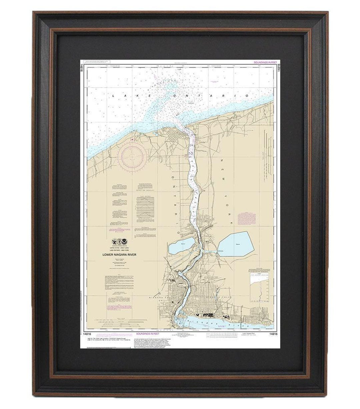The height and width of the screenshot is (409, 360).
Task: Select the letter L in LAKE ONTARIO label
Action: [x=113, y=96]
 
